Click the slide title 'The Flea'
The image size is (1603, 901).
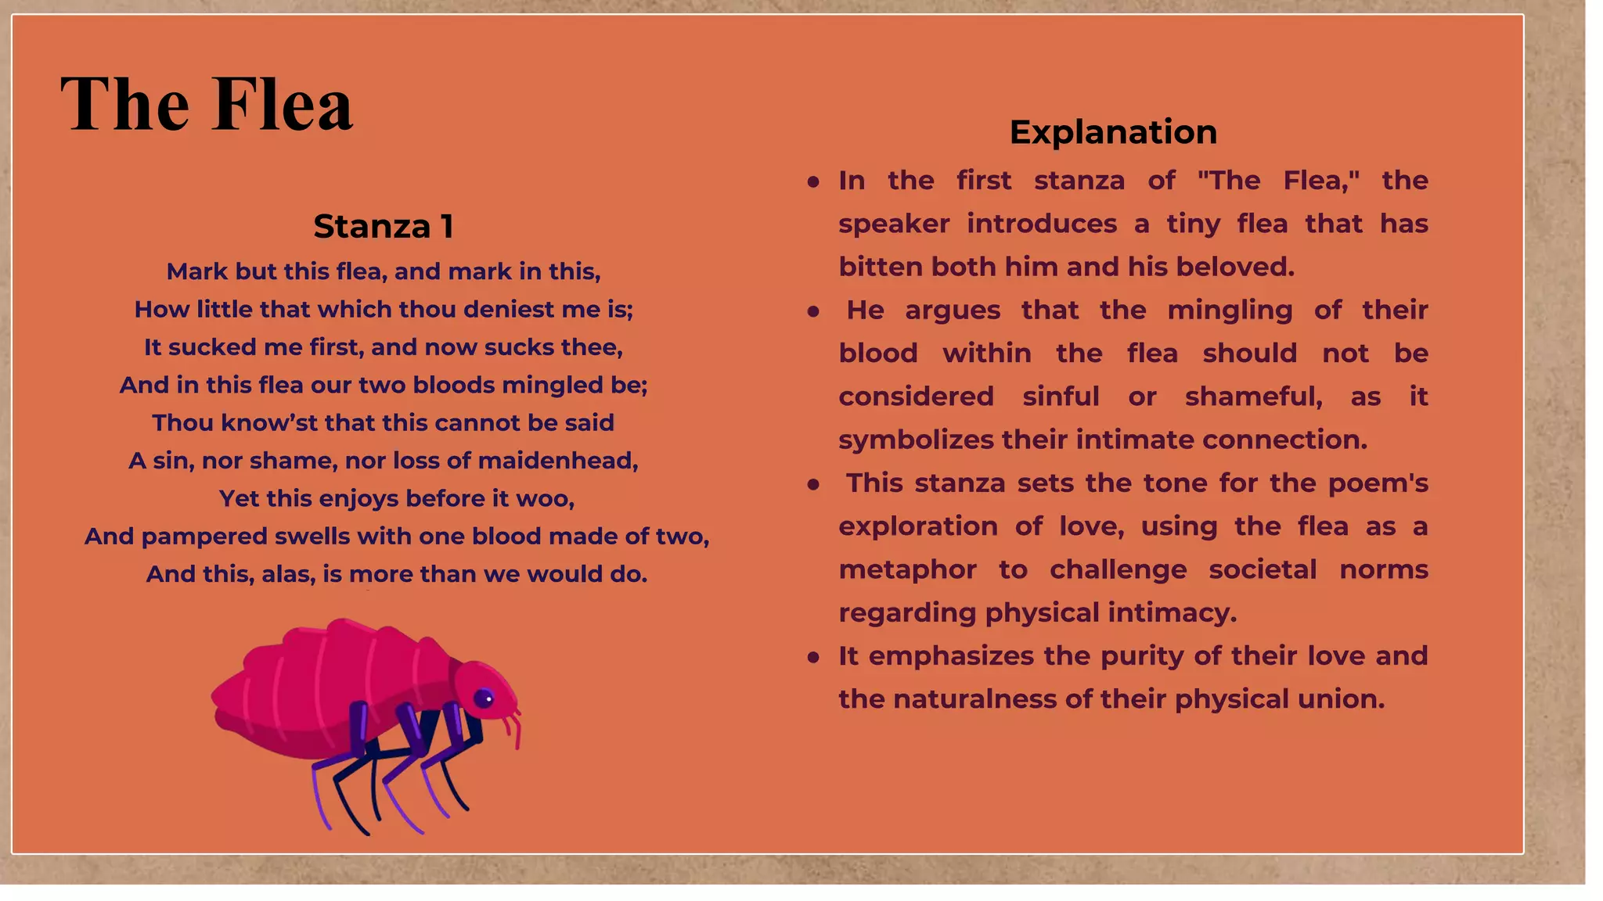207,104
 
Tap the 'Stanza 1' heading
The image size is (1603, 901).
384,227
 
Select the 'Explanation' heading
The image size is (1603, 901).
1113,131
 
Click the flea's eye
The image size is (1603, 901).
485,698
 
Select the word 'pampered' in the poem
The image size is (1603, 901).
205,537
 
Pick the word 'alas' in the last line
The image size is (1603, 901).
287,574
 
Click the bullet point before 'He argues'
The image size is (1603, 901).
813,311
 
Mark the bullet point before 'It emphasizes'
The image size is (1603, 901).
813,657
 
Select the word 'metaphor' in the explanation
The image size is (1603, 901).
907,569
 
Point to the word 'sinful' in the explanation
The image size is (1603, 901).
1061,397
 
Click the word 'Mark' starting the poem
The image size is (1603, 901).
196,271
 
